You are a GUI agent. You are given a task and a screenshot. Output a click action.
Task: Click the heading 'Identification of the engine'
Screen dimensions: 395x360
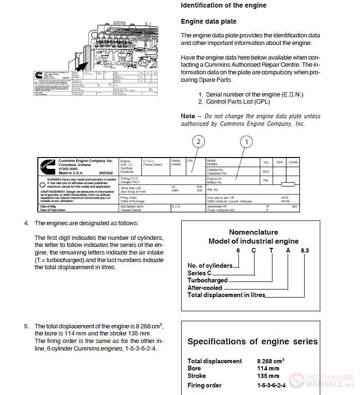click(x=223, y=6)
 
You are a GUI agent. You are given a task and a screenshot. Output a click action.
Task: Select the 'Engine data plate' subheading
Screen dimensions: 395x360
click(x=209, y=21)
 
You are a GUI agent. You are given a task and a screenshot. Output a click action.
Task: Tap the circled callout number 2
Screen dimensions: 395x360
click(x=199, y=141)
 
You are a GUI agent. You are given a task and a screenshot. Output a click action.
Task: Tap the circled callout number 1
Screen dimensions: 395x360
click(x=246, y=141)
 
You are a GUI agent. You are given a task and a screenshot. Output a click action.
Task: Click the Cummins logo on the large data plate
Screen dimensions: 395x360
click(x=48, y=167)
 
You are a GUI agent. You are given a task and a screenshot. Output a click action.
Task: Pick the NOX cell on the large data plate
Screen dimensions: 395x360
click(x=266, y=172)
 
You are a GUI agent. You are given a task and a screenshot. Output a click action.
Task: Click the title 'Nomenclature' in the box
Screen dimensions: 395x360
click(x=254, y=232)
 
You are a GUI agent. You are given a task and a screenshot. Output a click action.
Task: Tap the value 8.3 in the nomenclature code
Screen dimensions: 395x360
click(x=305, y=250)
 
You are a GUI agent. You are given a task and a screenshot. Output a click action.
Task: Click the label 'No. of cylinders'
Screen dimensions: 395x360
click(x=210, y=265)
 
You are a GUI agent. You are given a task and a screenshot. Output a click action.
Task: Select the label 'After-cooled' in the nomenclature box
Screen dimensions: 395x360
click(x=205, y=288)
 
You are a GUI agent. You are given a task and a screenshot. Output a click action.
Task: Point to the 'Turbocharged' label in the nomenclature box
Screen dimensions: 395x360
click(x=207, y=280)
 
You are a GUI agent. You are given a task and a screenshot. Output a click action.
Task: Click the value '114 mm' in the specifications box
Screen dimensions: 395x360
click(x=268, y=368)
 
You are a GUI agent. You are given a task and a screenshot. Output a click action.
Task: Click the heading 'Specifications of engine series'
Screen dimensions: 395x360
click(x=253, y=342)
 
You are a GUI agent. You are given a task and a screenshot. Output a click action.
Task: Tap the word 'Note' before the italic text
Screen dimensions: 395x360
click(x=188, y=116)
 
